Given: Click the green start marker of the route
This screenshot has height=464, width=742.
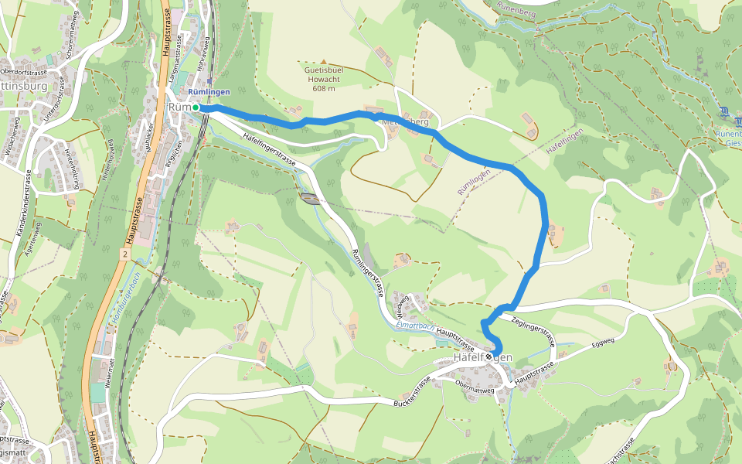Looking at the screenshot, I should [196, 107].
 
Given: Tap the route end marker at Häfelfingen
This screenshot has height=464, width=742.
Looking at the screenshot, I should [495, 357].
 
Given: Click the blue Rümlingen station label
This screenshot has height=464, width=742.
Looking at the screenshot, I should [209, 92].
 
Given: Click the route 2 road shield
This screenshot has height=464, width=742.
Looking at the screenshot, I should [124, 253].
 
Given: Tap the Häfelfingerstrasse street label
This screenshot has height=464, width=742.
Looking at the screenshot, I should [270, 146].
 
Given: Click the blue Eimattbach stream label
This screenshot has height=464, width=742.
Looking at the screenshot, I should [417, 326].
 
